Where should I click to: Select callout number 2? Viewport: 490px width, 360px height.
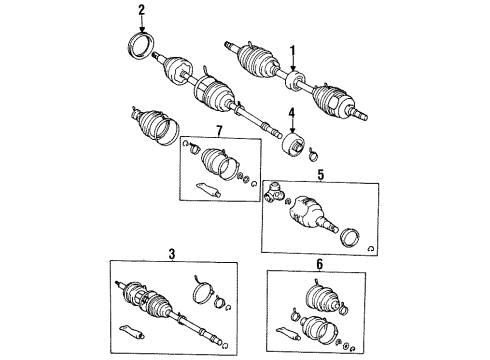pos(142,11)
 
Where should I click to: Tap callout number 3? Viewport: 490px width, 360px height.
pos(171,256)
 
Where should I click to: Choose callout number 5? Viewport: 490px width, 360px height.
pos(321,175)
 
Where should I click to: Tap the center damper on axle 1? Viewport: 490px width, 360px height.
pos(295,79)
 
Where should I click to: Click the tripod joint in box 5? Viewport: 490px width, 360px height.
pos(279,191)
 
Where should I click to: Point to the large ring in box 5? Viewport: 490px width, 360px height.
pos(353,239)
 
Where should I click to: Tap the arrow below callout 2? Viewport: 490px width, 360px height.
pos(142,27)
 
